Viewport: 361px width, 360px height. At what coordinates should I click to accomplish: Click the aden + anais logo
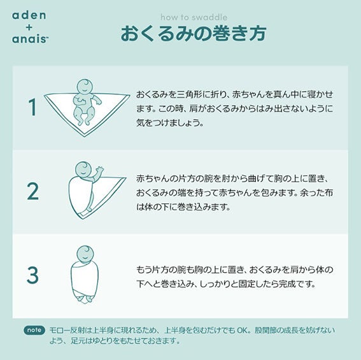point(30,27)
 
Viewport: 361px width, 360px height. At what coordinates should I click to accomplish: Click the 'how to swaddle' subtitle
point(194,17)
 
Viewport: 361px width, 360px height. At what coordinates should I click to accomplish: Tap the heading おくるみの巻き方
point(194,33)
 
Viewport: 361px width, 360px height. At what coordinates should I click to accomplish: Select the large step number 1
point(32,107)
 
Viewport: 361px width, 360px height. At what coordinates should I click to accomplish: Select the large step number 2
point(32,191)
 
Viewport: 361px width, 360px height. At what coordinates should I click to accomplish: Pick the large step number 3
point(32,275)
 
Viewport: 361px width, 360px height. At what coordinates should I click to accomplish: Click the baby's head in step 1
point(85,87)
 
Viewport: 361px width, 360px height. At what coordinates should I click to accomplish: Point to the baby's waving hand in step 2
point(100,170)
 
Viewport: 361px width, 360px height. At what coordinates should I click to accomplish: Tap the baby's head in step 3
point(85,254)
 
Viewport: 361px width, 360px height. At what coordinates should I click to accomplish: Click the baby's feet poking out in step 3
point(85,299)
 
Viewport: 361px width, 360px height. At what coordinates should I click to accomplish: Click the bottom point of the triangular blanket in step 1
point(84,136)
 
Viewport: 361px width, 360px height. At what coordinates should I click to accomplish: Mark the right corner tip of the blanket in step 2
point(125,178)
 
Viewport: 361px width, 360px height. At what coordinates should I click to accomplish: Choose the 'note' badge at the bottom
point(34,330)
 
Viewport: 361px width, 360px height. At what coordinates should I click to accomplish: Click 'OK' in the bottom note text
point(243,330)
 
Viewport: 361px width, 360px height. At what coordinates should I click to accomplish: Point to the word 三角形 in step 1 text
point(190,94)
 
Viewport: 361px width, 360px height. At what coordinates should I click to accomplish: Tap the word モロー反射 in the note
point(67,330)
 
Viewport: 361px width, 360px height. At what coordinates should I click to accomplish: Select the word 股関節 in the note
point(265,330)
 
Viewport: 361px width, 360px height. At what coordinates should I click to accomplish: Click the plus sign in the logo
point(29,27)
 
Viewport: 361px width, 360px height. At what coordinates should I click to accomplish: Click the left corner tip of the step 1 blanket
point(45,95)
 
